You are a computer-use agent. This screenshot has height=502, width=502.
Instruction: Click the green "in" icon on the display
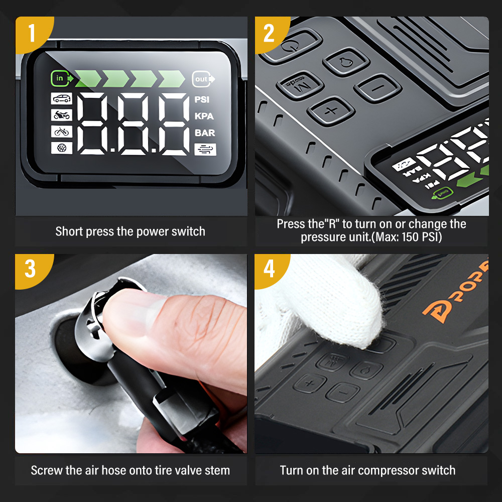[x=62, y=78]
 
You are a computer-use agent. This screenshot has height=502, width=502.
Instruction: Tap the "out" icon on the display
[x=203, y=79]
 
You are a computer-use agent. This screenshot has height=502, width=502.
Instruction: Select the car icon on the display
[x=61, y=98]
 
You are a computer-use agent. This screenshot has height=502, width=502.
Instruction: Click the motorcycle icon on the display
[x=61, y=115]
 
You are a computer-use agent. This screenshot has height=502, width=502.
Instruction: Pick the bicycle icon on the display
[x=61, y=131]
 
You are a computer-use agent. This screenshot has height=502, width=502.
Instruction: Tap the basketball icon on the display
[x=61, y=148]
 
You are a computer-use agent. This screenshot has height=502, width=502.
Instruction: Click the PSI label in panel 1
[x=202, y=99]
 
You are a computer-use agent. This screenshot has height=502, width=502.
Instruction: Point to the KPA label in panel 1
[x=204, y=116]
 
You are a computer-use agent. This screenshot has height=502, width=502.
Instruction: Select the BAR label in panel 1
[x=205, y=133]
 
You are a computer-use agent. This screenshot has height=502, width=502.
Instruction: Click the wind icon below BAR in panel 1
[x=205, y=150]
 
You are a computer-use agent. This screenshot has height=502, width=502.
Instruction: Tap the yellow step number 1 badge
[x=33, y=33]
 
